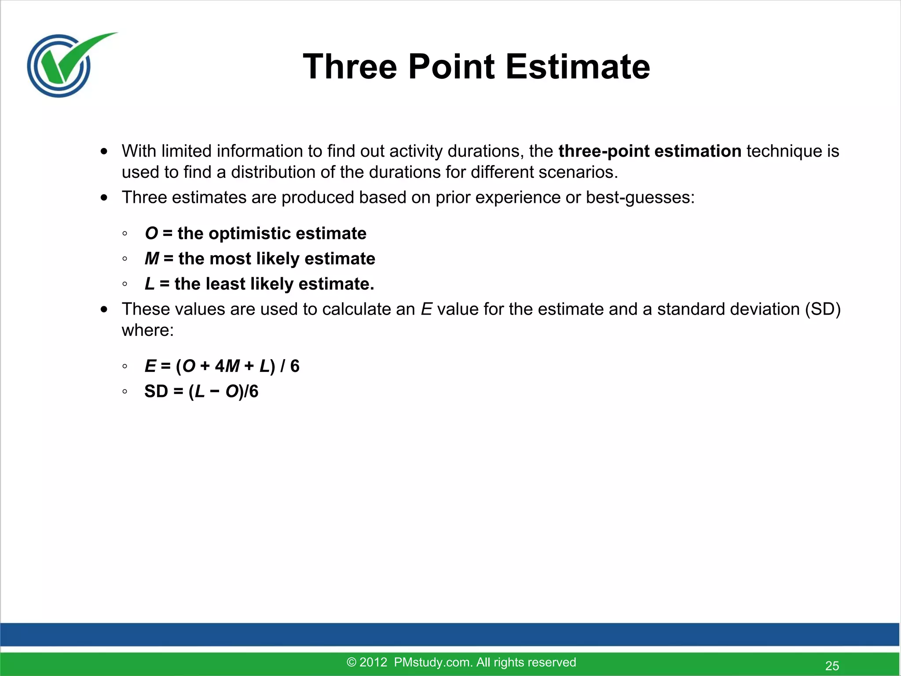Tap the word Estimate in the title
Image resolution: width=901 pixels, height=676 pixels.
click(578, 67)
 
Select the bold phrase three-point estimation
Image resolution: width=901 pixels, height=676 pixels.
click(650, 151)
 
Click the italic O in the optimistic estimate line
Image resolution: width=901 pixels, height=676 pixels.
click(151, 233)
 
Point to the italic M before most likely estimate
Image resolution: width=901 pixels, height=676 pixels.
click(152, 259)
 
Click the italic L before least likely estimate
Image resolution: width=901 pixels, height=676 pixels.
click(150, 284)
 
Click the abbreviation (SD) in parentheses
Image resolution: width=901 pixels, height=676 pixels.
click(823, 309)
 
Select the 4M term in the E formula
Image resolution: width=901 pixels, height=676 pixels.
click(227, 366)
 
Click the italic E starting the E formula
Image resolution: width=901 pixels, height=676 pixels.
click(150, 366)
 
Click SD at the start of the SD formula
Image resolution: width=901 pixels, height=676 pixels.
click(156, 391)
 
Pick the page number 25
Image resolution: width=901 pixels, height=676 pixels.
click(832, 665)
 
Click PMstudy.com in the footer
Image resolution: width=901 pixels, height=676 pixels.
click(433, 662)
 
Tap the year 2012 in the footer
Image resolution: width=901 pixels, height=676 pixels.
click(373, 662)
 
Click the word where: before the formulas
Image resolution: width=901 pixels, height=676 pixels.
click(148, 330)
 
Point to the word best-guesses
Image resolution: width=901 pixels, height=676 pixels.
click(640, 198)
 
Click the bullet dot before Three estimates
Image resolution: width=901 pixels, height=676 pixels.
click(104, 198)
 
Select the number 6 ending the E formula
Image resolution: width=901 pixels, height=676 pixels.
click(295, 366)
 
